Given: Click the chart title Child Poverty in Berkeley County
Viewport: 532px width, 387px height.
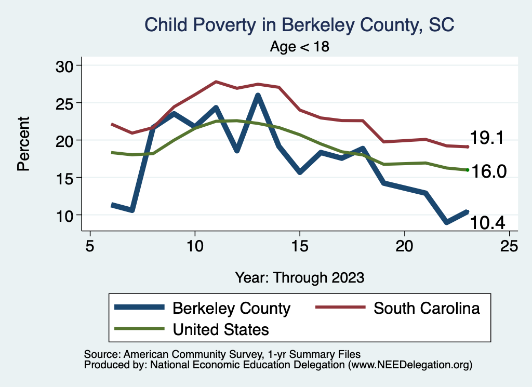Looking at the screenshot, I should (x=299, y=24).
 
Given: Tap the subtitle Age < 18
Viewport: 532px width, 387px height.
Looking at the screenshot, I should (x=300, y=47).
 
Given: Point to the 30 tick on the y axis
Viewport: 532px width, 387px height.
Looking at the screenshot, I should (x=65, y=65).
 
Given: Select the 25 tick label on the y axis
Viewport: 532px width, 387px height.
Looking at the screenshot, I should (x=65, y=103).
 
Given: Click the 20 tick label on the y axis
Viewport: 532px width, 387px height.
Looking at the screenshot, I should (x=65, y=140).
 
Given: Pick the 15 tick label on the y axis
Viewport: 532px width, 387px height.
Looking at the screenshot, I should (x=65, y=178).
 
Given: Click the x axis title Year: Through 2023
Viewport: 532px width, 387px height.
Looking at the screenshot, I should (x=300, y=277).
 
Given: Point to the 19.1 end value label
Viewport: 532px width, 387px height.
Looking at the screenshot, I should (x=487, y=138).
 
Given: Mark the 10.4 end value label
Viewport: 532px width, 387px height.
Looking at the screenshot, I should (x=487, y=223).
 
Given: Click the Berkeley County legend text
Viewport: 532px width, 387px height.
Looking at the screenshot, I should (x=231, y=308).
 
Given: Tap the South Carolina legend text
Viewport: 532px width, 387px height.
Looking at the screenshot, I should (x=427, y=308).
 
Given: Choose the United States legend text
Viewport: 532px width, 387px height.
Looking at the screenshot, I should (x=221, y=329).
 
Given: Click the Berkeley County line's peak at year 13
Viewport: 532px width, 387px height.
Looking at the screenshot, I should (x=258, y=96).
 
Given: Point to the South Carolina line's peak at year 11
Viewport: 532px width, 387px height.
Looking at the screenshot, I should (x=216, y=82).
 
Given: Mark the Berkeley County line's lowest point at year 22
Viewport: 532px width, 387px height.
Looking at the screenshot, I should (x=446, y=222).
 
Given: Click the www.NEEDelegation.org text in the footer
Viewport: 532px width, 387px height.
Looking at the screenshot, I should (x=410, y=365).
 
